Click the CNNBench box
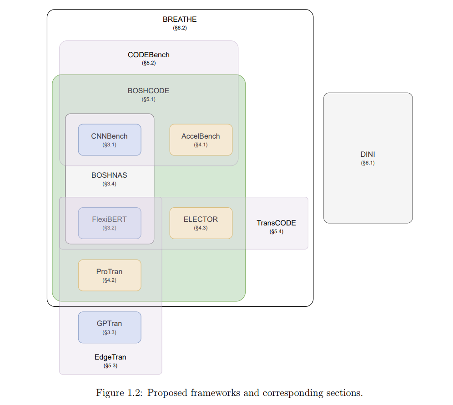point(110,140)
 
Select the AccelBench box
point(201,140)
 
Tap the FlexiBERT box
point(110,223)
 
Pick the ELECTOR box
point(201,223)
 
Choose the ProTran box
point(110,275)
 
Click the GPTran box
point(110,327)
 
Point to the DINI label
point(368,154)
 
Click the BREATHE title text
point(180,20)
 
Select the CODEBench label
point(148,55)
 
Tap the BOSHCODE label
point(148,90)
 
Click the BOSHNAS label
point(109,175)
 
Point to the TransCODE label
point(276,223)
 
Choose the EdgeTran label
point(111,357)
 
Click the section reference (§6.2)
point(180,28)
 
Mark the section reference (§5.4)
point(276,231)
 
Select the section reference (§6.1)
point(368,163)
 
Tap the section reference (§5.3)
point(111,365)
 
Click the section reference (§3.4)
point(109,184)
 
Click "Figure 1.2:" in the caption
point(119,393)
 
